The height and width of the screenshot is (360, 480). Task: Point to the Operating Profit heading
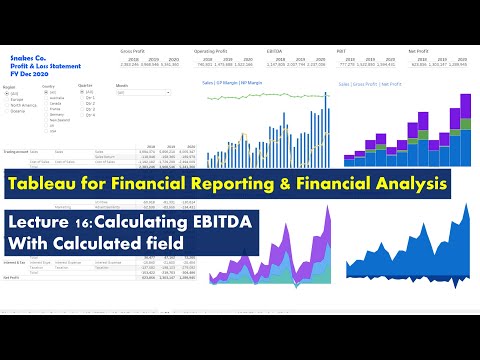[211, 50]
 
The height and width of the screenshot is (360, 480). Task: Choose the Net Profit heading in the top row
[416, 50]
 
